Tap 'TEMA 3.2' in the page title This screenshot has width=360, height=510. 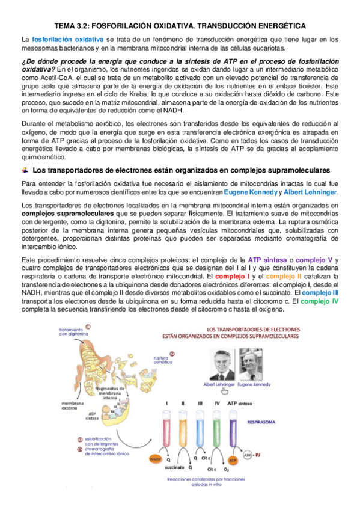(72, 26)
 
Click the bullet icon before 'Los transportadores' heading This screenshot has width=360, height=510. (24, 170)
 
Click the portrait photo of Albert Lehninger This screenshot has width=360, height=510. (221, 364)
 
